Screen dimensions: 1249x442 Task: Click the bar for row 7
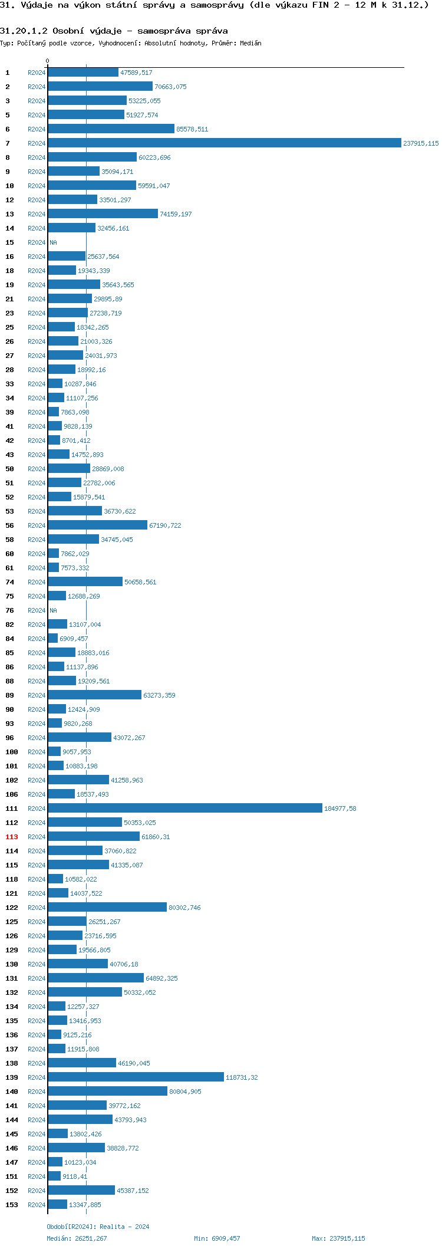pyautogui.click(x=224, y=143)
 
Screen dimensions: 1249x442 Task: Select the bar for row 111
pyautogui.click(x=185, y=808)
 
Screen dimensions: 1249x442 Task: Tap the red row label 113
pyautogui.click(x=12, y=837)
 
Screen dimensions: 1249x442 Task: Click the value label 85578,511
pyautogui.click(x=192, y=129)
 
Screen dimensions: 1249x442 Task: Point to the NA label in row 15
pyautogui.click(x=53, y=242)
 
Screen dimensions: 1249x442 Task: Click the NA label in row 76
pyautogui.click(x=53, y=610)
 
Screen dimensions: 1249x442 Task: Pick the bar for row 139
pyautogui.click(x=136, y=1077)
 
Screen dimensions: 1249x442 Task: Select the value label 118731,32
pyautogui.click(x=242, y=1077)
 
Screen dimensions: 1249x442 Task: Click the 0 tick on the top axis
pyautogui.click(x=48, y=61)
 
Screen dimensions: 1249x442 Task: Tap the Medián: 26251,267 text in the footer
pyautogui.click(x=77, y=1238)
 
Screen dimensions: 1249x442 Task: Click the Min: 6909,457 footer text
pyautogui.click(x=217, y=1238)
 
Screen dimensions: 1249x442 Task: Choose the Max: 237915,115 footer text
pyautogui.click(x=338, y=1238)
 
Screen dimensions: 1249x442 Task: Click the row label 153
pyautogui.click(x=12, y=1205)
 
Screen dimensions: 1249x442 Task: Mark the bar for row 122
pyautogui.click(x=107, y=908)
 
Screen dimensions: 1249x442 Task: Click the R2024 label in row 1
pyautogui.click(x=37, y=73)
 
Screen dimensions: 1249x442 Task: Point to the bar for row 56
pyautogui.click(x=97, y=525)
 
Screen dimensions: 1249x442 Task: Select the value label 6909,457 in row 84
pyautogui.click(x=74, y=639)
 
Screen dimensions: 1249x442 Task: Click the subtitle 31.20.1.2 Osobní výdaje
pyautogui.click(x=114, y=31)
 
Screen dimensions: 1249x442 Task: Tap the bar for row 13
pyautogui.click(x=103, y=214)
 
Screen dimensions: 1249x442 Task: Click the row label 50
pyautogui.click(x=10, y=469)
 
